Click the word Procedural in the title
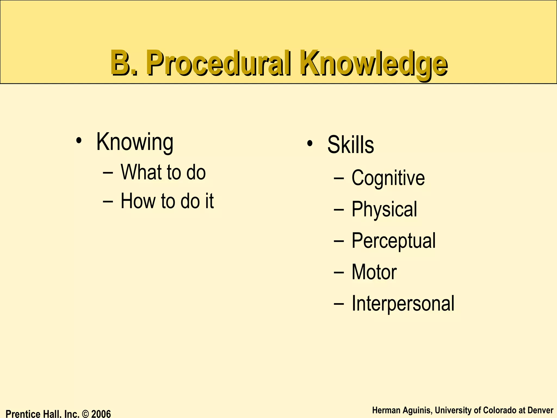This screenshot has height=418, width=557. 219,63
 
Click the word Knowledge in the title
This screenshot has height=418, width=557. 374,63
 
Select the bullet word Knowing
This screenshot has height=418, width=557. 135,142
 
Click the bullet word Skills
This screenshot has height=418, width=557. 351,145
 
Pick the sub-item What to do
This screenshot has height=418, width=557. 163,172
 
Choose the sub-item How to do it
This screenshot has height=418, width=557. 167,201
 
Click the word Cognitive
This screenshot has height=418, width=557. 388,178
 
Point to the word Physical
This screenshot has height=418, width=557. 384,209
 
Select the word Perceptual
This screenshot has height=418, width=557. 393,241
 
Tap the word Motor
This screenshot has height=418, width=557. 374,272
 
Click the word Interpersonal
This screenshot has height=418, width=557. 403,303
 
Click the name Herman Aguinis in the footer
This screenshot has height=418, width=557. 402,410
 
